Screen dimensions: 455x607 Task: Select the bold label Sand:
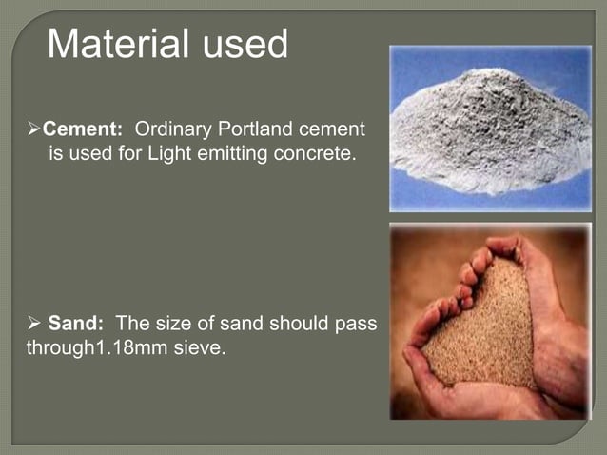[x=76, y=325]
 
